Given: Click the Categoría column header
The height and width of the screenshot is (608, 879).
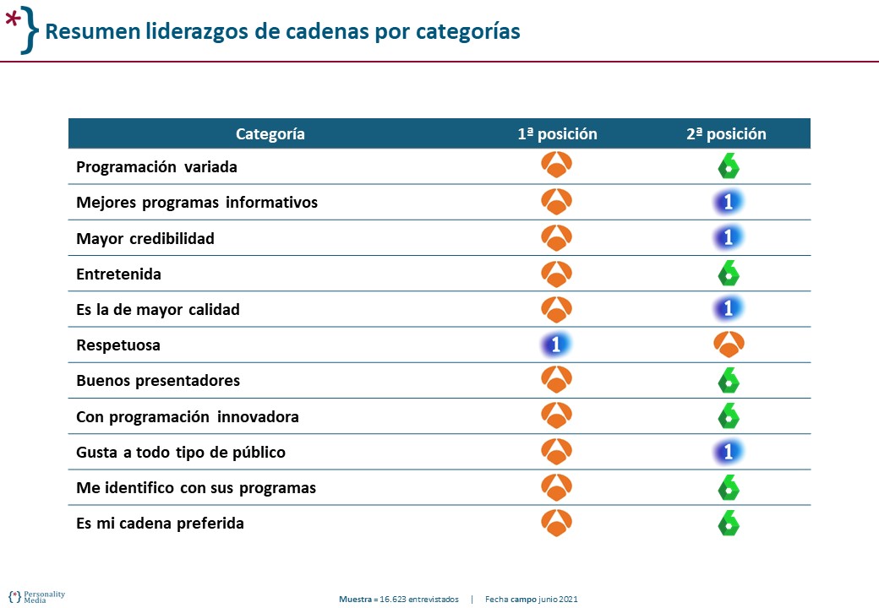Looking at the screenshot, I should (270, 133).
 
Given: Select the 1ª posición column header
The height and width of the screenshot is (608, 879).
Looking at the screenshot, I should (557, 133).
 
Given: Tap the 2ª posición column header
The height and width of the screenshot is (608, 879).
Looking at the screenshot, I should (726, 133).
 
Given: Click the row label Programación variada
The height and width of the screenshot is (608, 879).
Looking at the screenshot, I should (156, 167).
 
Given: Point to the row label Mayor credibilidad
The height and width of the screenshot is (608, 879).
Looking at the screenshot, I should (145, 238).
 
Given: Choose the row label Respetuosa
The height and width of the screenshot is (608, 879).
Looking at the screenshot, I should (118, 345).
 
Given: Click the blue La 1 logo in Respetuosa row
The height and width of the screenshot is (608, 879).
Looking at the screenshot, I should (556, 345).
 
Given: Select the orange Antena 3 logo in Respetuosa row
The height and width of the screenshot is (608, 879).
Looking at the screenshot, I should (728, 345).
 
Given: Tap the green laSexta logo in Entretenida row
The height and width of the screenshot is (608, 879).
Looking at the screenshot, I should (728, 274).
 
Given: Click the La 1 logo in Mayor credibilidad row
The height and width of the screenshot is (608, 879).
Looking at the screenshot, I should (728, 238).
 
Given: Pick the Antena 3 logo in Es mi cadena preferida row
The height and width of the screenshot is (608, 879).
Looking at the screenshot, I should (556, 523).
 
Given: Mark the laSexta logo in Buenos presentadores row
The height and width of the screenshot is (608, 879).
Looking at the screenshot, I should (728, 381).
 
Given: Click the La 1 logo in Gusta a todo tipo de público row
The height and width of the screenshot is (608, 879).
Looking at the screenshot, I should (728, 452).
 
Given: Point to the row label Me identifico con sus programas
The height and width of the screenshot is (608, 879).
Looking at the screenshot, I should (196, 488).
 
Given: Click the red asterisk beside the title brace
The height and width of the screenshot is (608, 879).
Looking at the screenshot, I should (14, 21).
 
